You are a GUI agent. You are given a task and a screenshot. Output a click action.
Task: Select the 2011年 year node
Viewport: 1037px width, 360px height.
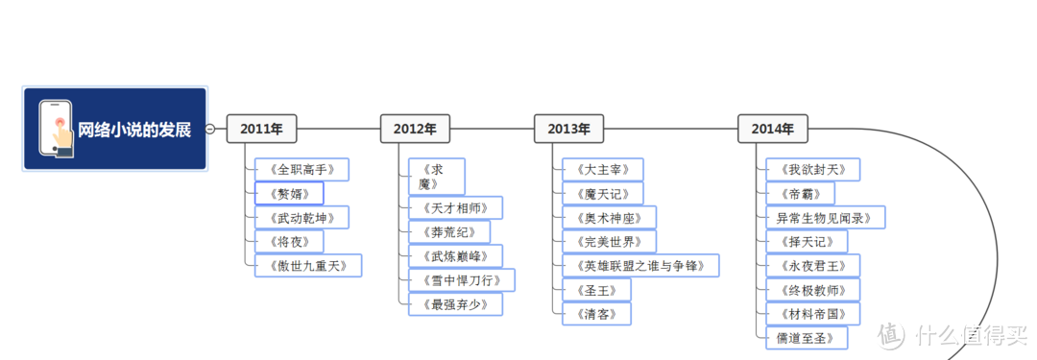coord(261,129)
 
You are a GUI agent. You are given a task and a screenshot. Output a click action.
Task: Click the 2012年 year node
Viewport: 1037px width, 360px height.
coord(415,129)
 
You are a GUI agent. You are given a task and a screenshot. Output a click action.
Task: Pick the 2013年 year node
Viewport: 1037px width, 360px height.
coord(568,129)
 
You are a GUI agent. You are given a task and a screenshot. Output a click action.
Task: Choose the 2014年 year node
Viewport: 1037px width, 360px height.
coord(772,129)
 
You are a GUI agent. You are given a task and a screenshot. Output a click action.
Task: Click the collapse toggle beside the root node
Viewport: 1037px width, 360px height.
coord(210,129)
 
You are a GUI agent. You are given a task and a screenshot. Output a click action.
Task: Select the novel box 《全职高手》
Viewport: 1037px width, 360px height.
coord(301,170)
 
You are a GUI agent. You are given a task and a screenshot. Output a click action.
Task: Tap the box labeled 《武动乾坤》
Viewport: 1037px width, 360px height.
coord(301,217)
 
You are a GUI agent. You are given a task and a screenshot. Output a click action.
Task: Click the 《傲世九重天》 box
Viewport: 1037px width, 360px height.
coord(307,265)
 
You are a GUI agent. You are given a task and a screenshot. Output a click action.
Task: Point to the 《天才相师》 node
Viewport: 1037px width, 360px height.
coord(455,208)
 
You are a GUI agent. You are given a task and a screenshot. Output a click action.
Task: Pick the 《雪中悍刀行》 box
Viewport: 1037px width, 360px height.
coord(461,280)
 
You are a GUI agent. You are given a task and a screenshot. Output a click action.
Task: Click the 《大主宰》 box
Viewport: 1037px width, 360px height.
coord(602,170)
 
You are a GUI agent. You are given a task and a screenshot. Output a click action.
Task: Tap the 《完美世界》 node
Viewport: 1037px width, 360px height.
coord(609,242)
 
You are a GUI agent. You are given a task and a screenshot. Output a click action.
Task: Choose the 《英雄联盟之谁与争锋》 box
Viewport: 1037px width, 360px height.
coord(639,266)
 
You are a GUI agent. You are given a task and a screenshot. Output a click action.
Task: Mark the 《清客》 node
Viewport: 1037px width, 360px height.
coord(596,314)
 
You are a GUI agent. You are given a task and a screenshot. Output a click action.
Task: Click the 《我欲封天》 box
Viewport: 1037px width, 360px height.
coord(812,170)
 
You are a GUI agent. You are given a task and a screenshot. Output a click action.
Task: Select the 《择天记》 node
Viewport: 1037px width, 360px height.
coord(807,242)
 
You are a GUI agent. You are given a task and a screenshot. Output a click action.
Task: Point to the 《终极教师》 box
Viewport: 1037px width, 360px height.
coord(812,290)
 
